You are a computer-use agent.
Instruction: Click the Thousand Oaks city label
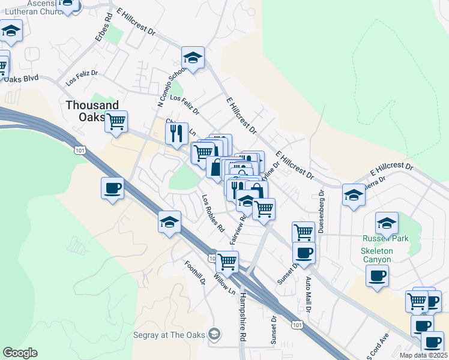point(92,110)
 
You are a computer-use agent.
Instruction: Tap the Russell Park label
point(384,238)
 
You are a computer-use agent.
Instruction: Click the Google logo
point(20,353)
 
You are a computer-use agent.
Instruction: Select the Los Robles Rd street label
point(212,213)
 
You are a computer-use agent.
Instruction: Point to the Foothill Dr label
point(195,273)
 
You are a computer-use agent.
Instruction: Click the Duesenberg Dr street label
point(321,211)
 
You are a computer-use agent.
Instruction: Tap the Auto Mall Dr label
point(309,295)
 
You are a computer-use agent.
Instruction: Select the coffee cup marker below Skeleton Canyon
point(376,275)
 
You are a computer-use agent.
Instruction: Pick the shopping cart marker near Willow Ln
point(227,261)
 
